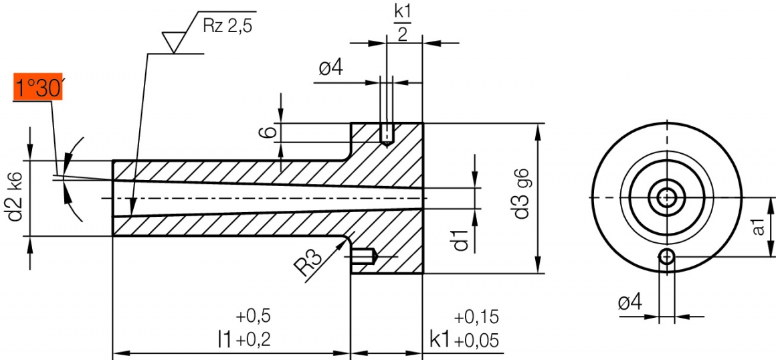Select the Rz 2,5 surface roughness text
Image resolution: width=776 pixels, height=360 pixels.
coord(228,26)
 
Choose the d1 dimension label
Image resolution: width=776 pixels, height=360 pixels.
coord(460,239)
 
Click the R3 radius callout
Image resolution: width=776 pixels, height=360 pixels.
coord(309,264)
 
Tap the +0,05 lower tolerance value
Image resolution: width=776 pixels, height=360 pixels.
coord(476,341)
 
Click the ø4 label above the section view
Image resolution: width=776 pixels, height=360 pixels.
coord(332,69)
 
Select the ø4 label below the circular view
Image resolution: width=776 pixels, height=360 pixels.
coord(629,302)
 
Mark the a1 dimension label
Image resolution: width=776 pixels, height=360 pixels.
coord(759,227)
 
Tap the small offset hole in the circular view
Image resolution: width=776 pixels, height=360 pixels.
coord(666,256)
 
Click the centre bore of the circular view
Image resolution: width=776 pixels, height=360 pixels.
coord(666,197)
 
